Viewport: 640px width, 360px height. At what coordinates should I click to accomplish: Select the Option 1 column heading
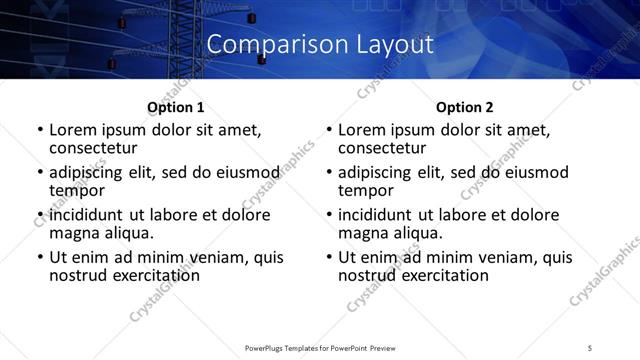(175, 107)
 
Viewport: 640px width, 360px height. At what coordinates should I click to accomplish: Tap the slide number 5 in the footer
(590, 347)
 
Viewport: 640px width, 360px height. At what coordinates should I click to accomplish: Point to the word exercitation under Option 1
(158, 275)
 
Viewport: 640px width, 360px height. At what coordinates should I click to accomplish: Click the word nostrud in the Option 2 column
(367, 275)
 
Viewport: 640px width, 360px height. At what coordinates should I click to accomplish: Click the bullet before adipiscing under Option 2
(328, 173)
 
